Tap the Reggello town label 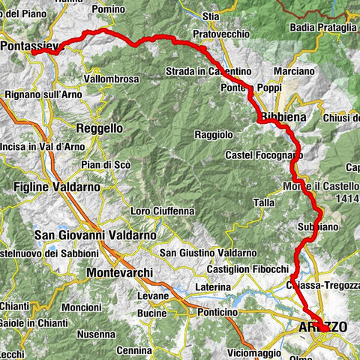(99, 128)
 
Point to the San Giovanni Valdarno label (95, 235)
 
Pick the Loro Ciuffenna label (162, 211)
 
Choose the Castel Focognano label (262, 155)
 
